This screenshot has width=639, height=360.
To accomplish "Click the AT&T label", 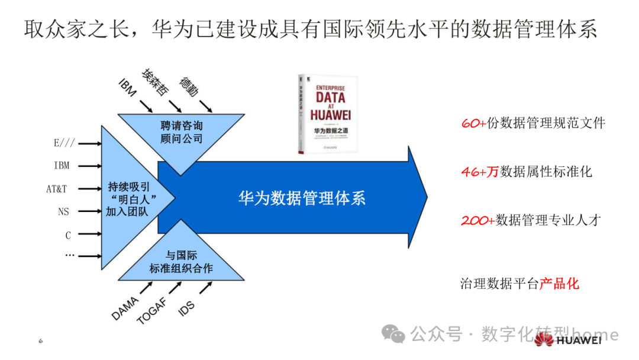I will tap(57, 189).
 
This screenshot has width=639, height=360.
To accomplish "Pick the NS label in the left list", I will tap(63, 211).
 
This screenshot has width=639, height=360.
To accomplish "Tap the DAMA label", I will tap(125, 308).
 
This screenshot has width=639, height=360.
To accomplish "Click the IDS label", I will tap(186, 307).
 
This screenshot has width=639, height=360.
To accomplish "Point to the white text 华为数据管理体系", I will tap(302, 198).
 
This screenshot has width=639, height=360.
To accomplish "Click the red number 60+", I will tap(473, 123).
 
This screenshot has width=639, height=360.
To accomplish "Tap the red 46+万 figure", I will tap(480, 172).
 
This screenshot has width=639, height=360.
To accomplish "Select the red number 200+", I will tap(477, 220).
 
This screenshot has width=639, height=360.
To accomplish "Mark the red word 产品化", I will tap(559, 284).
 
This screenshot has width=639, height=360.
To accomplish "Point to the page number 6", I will tap(40, 341).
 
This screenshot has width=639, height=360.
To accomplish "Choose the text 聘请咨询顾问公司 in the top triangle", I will tap(181, 132).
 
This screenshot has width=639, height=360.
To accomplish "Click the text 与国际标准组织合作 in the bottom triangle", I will tap(181, 262).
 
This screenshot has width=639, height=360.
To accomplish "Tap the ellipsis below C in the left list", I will tap(69, 255).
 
